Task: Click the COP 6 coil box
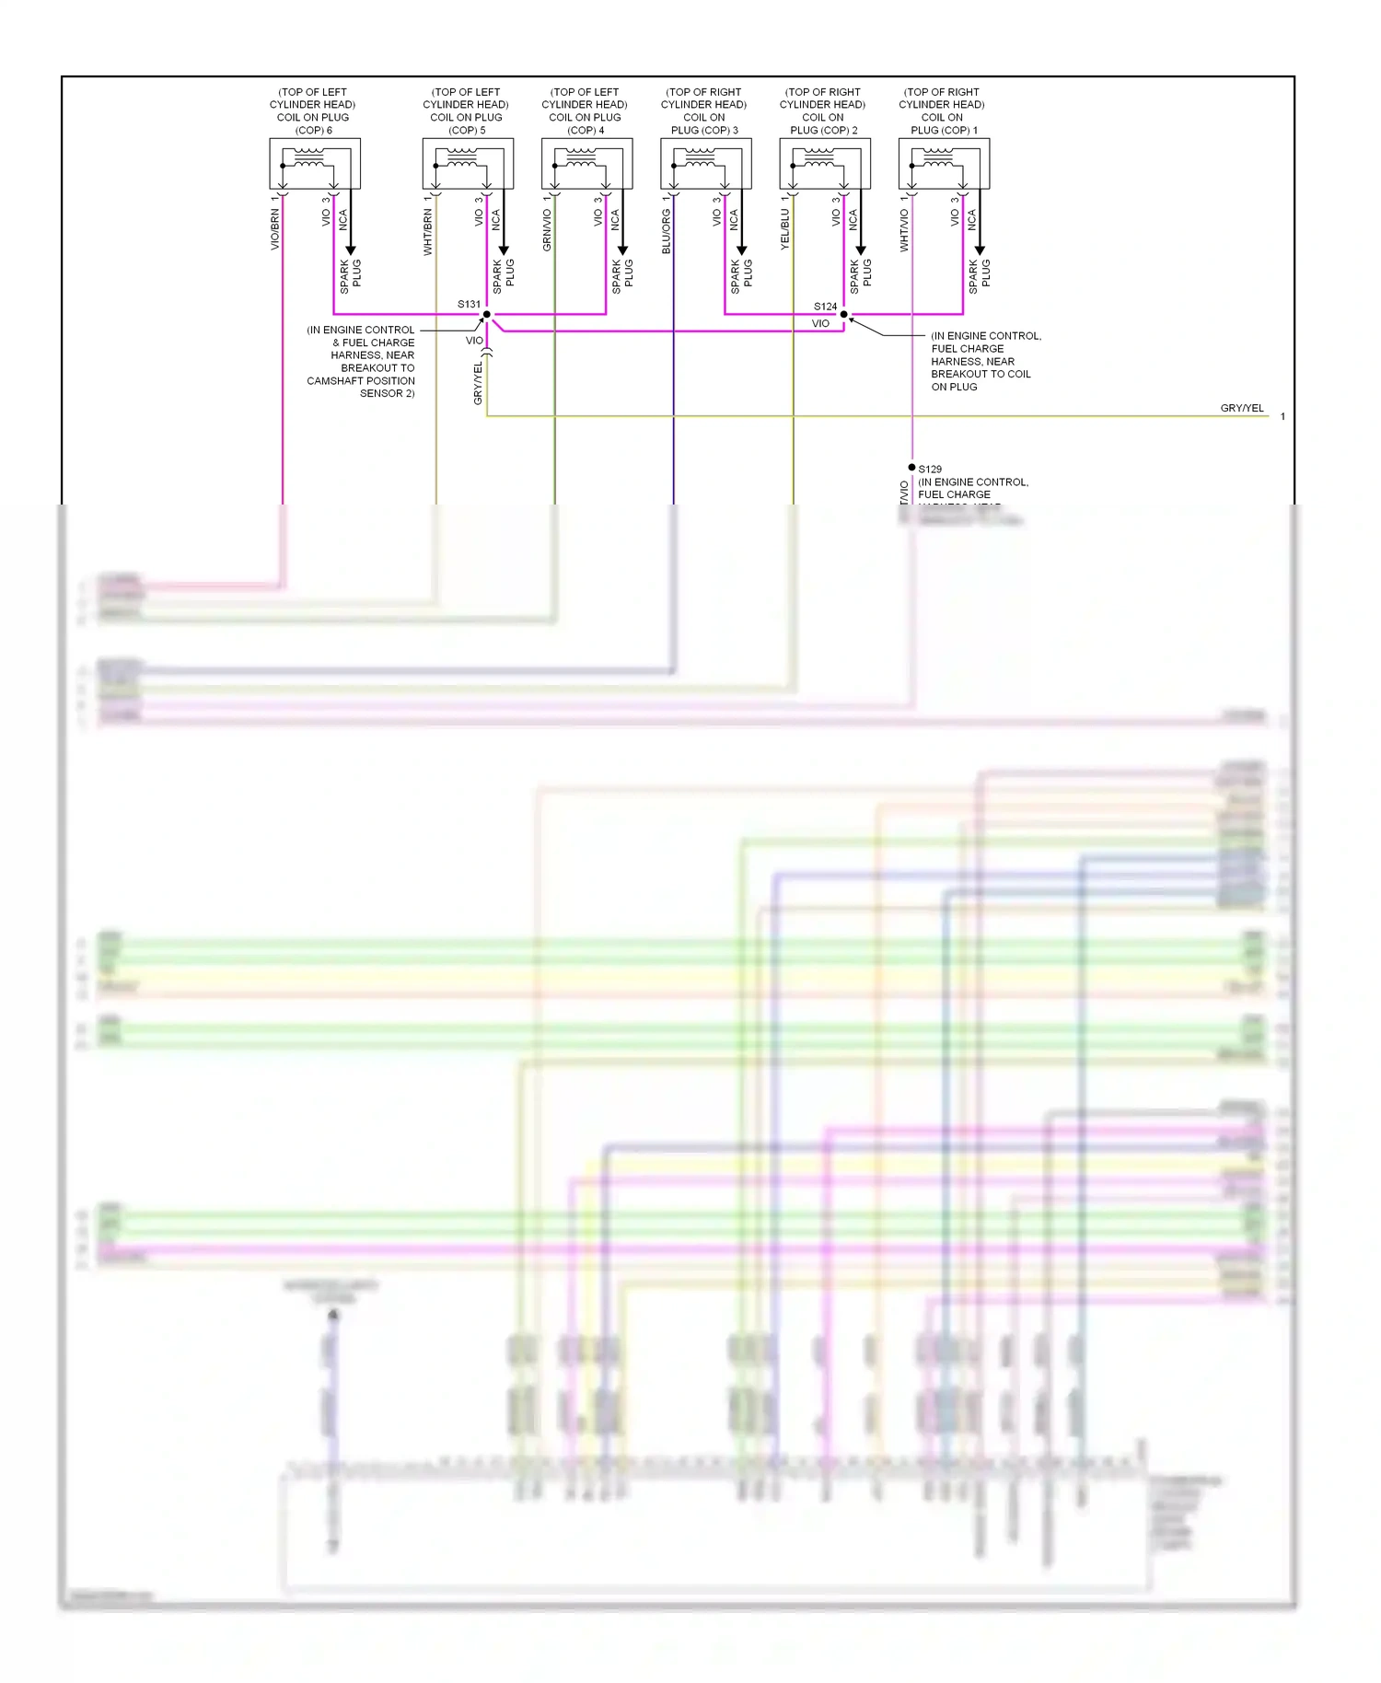coord(314,164)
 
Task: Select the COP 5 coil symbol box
coord(468,164)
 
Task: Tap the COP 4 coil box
coord(586,164)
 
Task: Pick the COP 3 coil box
coord(705,164)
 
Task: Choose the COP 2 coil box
coord(825,164)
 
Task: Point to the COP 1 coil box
coord(944,164)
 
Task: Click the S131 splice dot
coord(487,315)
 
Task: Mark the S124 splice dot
coord(843,315)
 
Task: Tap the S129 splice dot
coord(911,468)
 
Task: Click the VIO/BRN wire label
coord(274,230)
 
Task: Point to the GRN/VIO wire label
coord(547,230)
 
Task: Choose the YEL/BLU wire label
coord(784,229)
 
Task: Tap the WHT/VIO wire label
coord(904,230)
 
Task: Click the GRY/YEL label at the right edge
coord(1242,408)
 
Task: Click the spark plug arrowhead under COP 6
coord(351,250)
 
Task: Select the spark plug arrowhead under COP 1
coord(980,250)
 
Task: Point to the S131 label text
coord(469,304)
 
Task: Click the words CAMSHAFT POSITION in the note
coord(361,381)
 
